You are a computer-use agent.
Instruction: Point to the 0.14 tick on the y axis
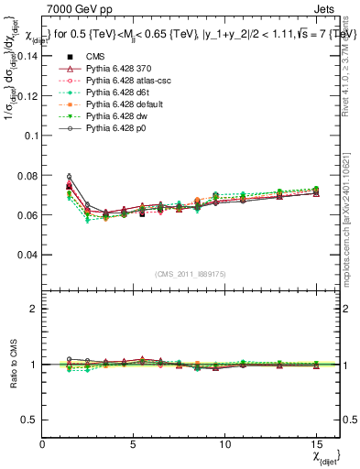tap(27, 55)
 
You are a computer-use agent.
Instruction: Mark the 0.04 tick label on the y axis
tap(27, 255)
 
